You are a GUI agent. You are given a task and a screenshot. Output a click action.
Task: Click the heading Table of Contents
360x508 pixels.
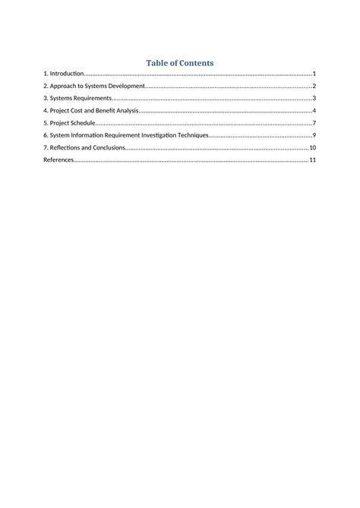180,63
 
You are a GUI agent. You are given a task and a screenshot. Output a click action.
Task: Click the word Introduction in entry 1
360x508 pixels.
66,74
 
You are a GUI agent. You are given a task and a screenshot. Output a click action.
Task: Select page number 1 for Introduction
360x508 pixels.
314,74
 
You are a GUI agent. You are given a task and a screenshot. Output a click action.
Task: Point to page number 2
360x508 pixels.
314,87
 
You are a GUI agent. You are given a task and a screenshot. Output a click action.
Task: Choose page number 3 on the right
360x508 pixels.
314,99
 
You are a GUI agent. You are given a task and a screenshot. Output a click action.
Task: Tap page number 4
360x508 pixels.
314,111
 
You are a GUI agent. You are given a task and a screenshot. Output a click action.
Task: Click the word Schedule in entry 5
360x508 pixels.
83,123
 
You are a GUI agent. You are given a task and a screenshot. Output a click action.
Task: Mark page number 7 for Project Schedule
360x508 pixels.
314,123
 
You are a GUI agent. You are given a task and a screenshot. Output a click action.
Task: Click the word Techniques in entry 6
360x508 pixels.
190,135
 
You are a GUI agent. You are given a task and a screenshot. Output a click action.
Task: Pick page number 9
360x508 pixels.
314,135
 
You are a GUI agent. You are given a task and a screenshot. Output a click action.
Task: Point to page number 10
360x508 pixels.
312,147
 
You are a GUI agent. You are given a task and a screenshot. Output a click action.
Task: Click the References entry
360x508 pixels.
58,160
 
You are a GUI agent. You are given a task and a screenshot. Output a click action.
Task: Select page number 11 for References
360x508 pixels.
312,160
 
